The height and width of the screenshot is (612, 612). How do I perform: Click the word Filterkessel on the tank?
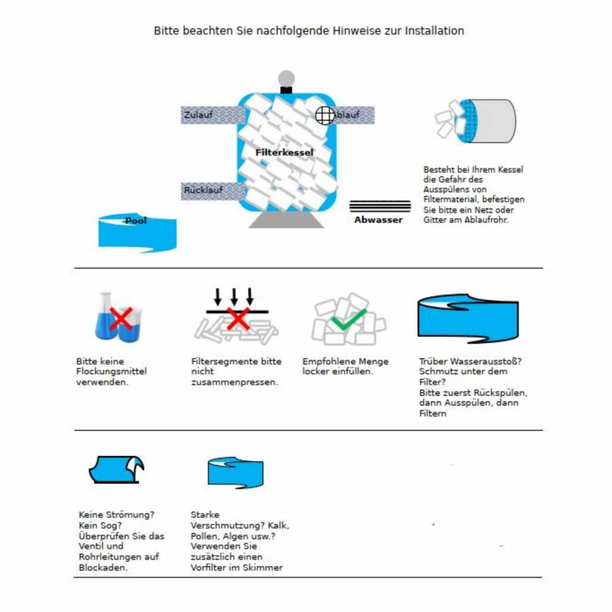(284, 153)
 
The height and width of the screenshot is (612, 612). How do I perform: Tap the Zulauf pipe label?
(198, 115)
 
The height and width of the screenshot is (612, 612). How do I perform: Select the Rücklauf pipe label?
(204, 190)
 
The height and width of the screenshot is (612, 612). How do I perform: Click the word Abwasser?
(378, 220)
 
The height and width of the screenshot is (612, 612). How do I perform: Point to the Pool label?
(136, 220)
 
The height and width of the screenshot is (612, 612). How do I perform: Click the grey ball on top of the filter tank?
(286, 78)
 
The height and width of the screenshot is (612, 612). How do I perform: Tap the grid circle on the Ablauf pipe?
(325, 115)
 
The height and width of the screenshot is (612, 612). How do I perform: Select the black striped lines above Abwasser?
(380, 206)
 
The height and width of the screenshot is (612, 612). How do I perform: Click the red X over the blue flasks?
(120, 318)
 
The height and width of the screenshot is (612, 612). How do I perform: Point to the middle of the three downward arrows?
(234, 296)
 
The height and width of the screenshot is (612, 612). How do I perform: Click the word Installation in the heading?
(434, 31)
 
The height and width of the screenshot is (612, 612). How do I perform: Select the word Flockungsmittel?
(111, 372)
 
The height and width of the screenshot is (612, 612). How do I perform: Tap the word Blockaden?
(103, 568)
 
